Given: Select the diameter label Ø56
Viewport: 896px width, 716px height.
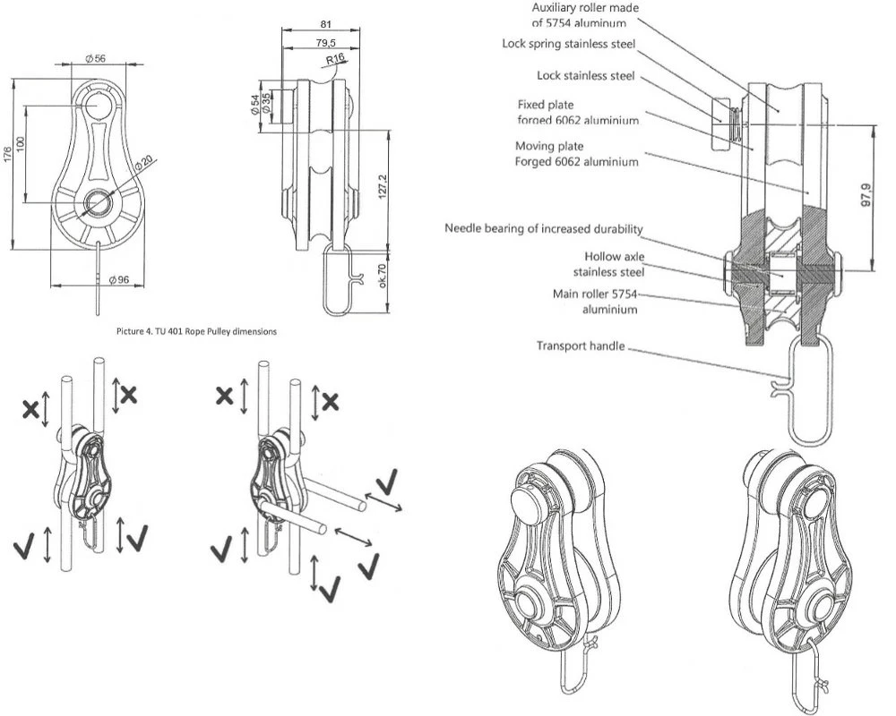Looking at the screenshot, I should [96, 58].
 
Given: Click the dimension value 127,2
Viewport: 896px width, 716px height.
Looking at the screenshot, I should [383, 186].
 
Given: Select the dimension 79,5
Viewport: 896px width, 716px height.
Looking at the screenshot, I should [325, 43].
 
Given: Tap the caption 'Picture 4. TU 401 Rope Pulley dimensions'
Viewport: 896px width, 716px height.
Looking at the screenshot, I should [196, 331].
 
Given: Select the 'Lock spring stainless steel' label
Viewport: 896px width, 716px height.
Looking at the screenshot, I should [575, 44].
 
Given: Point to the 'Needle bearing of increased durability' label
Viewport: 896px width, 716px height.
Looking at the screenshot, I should [544, 228].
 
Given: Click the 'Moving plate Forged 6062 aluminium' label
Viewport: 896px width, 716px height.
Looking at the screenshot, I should [576, 154].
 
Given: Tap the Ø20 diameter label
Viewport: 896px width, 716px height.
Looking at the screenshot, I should [143, 166].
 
